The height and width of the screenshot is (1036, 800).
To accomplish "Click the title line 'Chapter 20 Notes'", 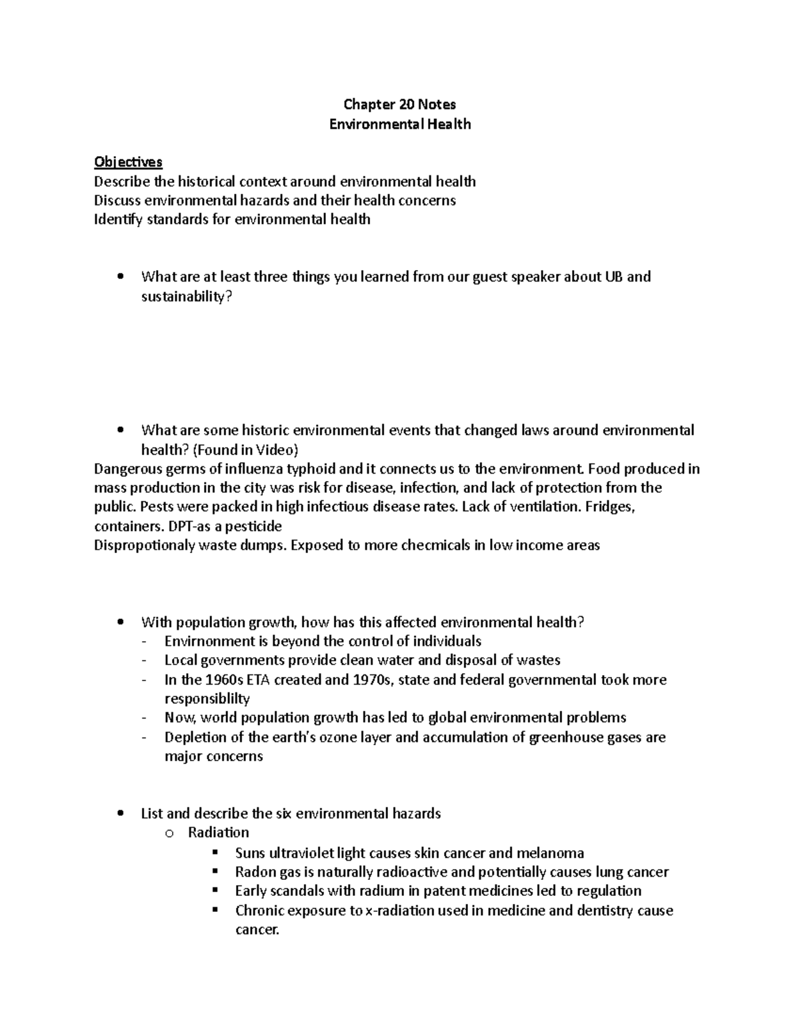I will click(x=399, y=104).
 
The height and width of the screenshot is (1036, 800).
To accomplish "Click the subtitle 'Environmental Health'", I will click(x=400, y=124).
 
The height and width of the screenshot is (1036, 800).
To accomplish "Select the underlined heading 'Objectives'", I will click(x=128, y=162).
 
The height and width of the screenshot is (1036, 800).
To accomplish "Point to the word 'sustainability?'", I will click(x=187, y=297).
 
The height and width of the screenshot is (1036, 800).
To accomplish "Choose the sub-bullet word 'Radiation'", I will click(x=218, y=833).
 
